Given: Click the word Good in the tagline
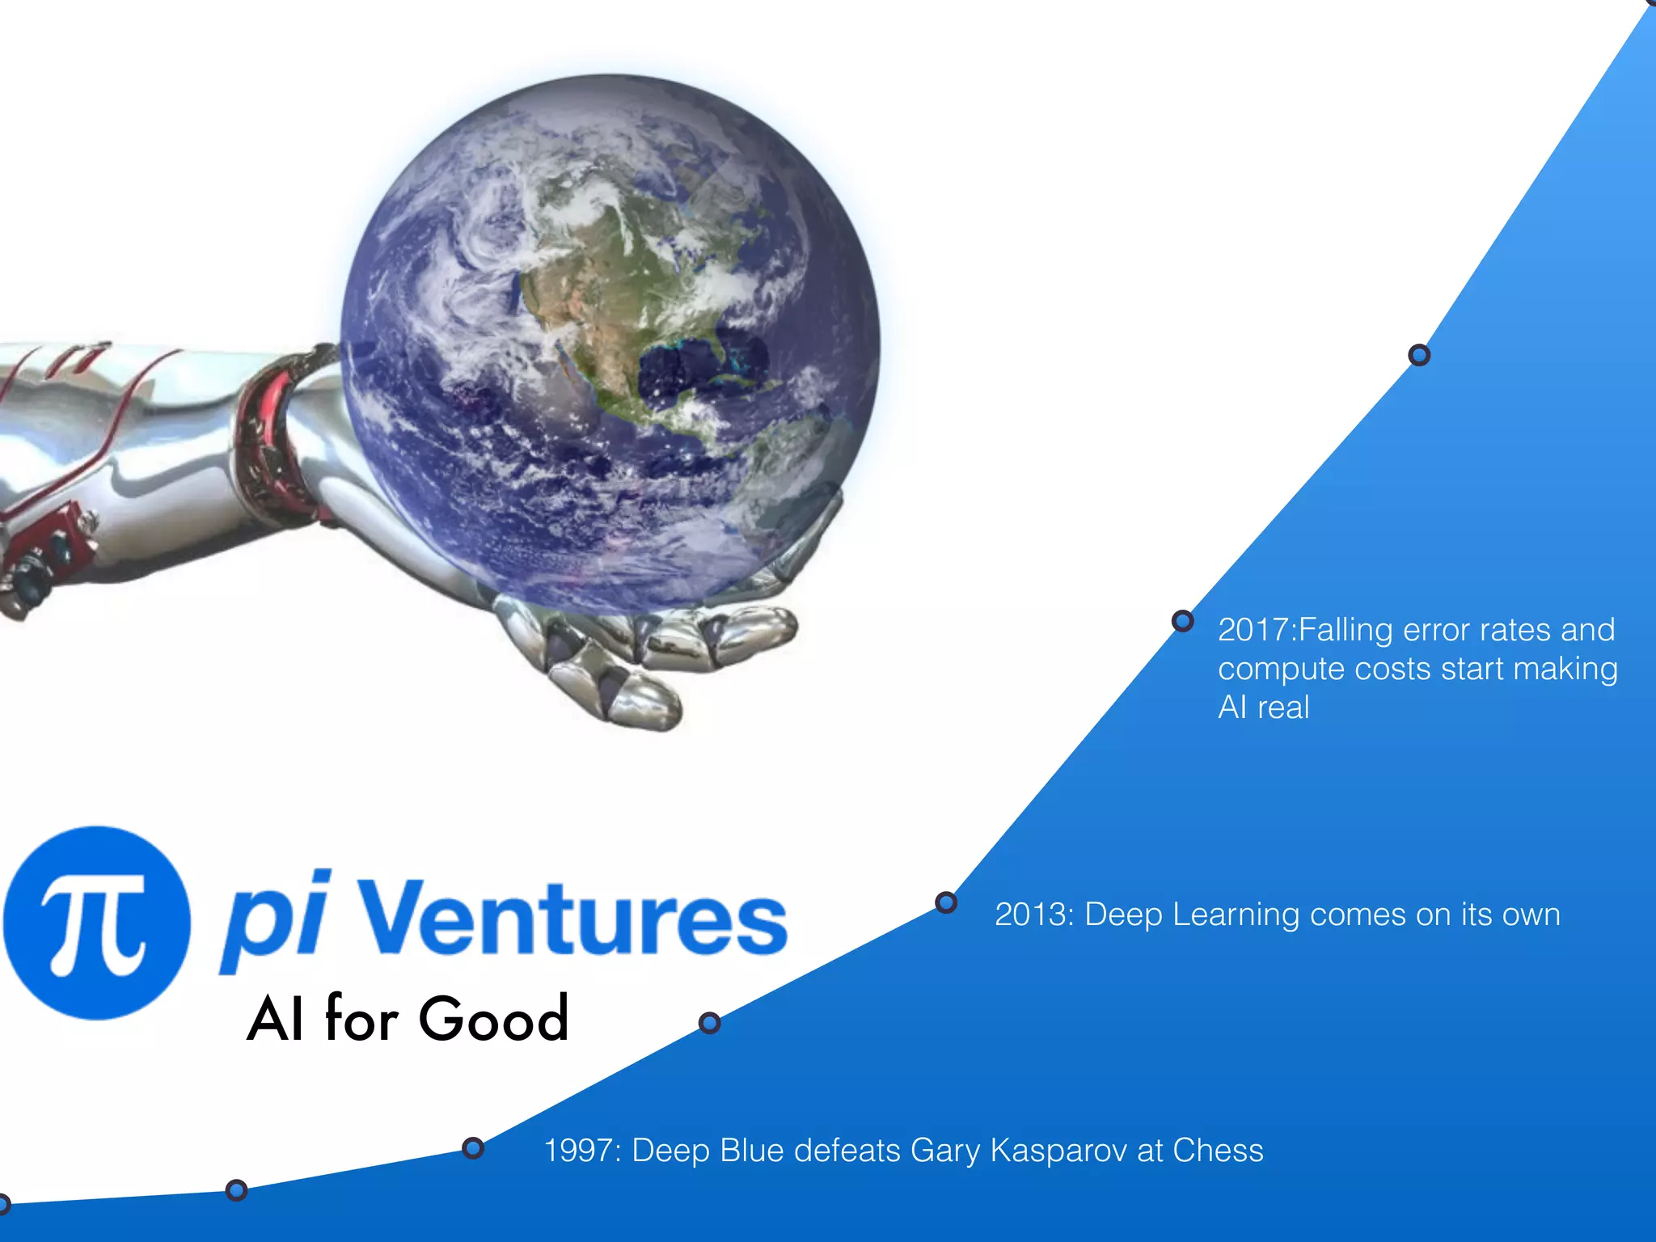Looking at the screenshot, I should [x=494, y=1019].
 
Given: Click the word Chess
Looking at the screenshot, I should [x=1218, y=1151].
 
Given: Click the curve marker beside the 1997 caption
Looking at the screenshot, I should [x=473, y=1148].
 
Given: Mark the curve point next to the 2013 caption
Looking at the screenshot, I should [x=946, y=902].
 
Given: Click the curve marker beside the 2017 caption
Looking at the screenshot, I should [x=1182, y=621].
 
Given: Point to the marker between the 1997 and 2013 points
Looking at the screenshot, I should [x=709, y=1023].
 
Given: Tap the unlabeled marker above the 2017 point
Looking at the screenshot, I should [x=1419, y=355].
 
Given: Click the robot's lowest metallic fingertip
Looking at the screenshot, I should [x=647, y=703].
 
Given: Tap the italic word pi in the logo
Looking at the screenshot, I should [x=275, y=921].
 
